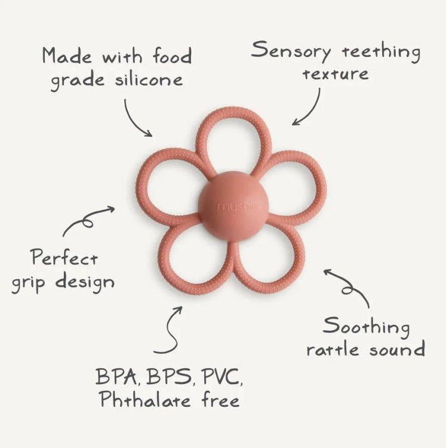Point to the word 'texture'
[335, 74]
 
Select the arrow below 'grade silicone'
[137, 118]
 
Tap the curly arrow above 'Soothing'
[347, 286]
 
